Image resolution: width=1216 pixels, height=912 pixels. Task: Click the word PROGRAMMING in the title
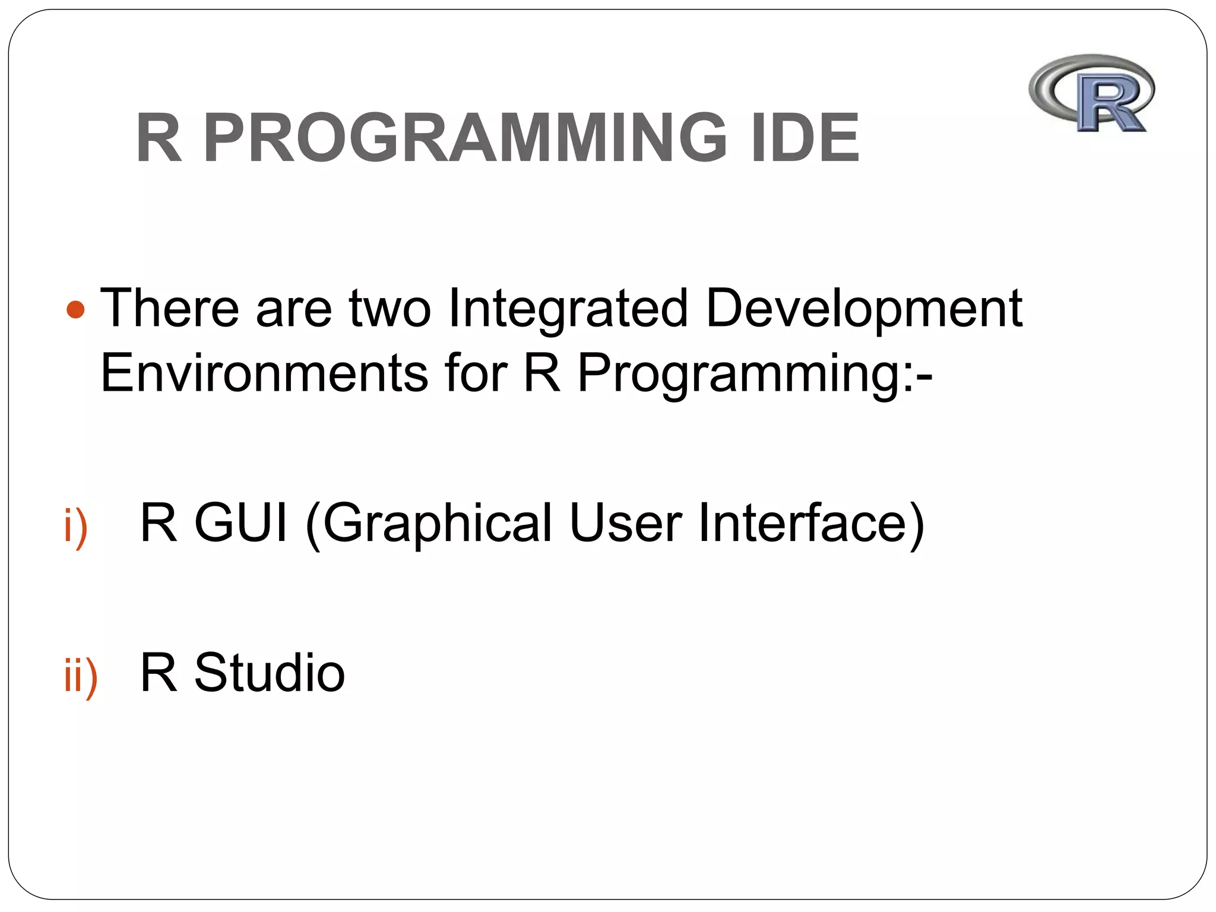465,138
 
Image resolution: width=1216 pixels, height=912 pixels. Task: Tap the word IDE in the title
805,138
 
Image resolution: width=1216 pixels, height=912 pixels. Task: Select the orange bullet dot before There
75,309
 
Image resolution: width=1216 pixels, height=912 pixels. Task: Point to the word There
170,308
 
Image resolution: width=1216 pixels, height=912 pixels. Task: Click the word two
389,308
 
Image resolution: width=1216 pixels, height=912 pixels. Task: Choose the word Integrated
568,308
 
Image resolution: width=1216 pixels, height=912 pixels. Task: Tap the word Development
864,308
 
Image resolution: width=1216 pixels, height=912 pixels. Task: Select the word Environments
264,373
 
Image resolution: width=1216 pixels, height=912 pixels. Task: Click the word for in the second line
476,373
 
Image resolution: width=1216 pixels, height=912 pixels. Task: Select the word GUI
241,522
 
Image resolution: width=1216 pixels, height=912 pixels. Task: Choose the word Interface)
811,522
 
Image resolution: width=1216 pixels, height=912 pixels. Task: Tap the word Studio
270,673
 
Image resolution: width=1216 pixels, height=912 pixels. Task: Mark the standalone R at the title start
159,138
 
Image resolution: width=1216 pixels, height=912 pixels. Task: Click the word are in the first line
293,309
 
